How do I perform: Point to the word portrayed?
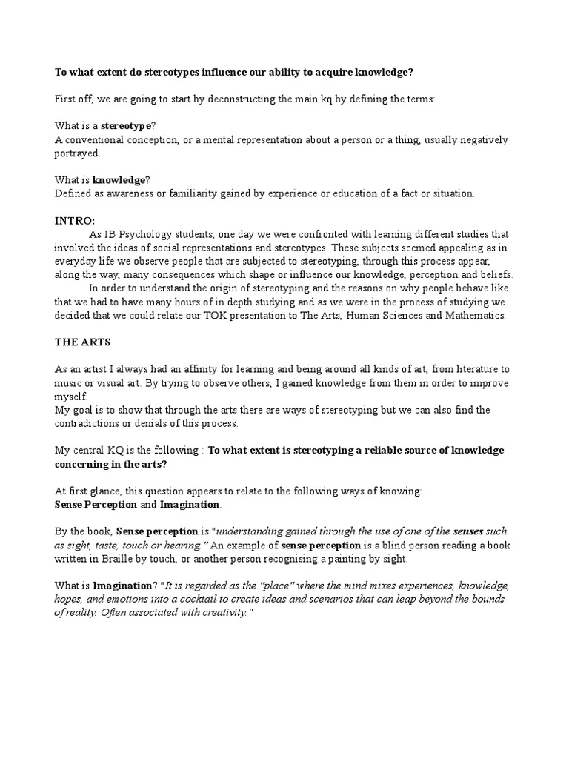click(76, 153)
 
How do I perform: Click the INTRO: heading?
click(76, 220)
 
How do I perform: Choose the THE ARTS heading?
click(82, 342)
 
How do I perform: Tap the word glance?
click(109, 491)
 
